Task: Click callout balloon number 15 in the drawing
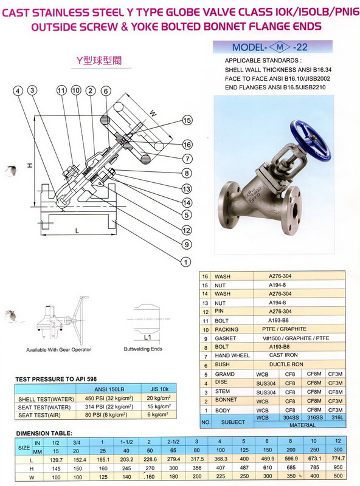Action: (x=187, y=120)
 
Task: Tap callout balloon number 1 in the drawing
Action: (x=185, y=262)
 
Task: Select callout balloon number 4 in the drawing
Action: (x=18, y=91)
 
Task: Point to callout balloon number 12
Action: (x=187, y=230)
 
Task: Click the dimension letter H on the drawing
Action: (x=30, y=166)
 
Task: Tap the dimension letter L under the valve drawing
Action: (x=77, y=231)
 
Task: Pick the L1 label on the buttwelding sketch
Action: (x=147, y=337)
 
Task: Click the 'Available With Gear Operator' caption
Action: (x=58, y=350)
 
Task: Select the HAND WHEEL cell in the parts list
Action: (x=232, y=355)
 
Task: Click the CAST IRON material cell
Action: (x=283, y=355)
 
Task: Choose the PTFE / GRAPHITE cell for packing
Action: (x=284, y=329)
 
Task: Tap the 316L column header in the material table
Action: (x=337, y=417)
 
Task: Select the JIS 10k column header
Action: (x=159, y=389)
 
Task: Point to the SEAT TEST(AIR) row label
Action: (x=40, y=415)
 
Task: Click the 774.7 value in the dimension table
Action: (x=338, y=458)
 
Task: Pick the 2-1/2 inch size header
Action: (x=173, y=442)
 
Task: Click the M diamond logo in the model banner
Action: (x=280, y=47)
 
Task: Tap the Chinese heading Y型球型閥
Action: (x=99, y=60)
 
